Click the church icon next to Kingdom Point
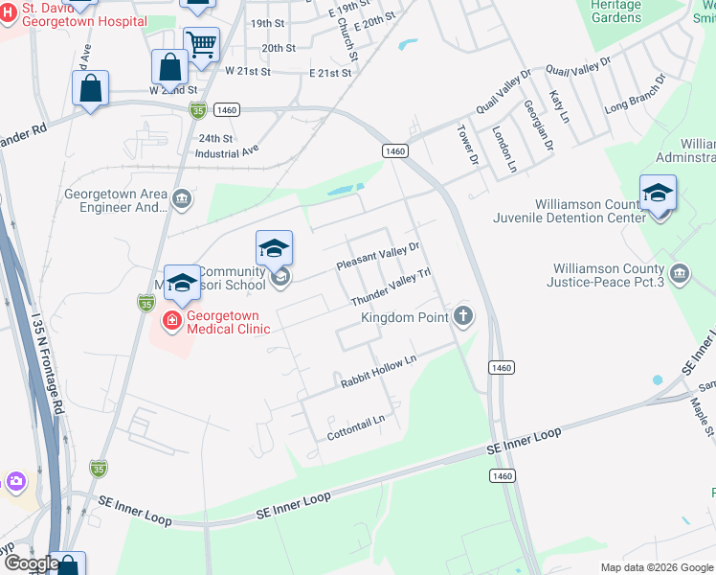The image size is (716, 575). [463, 315]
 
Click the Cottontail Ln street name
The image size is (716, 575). [356, 421]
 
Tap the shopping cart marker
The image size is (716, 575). [201, 43]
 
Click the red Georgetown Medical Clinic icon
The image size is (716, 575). [172, 320]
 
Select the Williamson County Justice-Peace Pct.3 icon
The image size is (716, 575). [680, 275]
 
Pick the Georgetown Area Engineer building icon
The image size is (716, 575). [182, 199]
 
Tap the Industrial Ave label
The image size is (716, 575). [227, 152]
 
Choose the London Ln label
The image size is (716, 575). [504, 149]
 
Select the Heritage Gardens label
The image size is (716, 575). [615, 11]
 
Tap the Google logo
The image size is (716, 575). [31, 563]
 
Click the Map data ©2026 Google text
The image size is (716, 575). [656, 567]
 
